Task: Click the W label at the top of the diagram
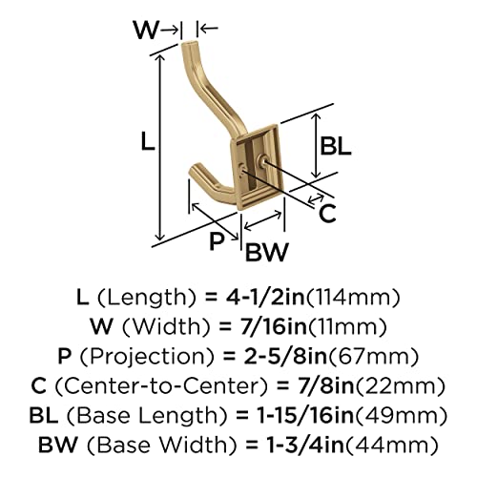[146, 30]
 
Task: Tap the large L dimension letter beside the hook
[148, 141]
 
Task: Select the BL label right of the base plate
[336, 146]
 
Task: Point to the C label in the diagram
[327, 214]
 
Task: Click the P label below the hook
[217, 241]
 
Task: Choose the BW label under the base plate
[267, 252]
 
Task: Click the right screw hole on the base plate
[263, 160]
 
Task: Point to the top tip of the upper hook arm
[189, 43]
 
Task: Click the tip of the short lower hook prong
[195, 169]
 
